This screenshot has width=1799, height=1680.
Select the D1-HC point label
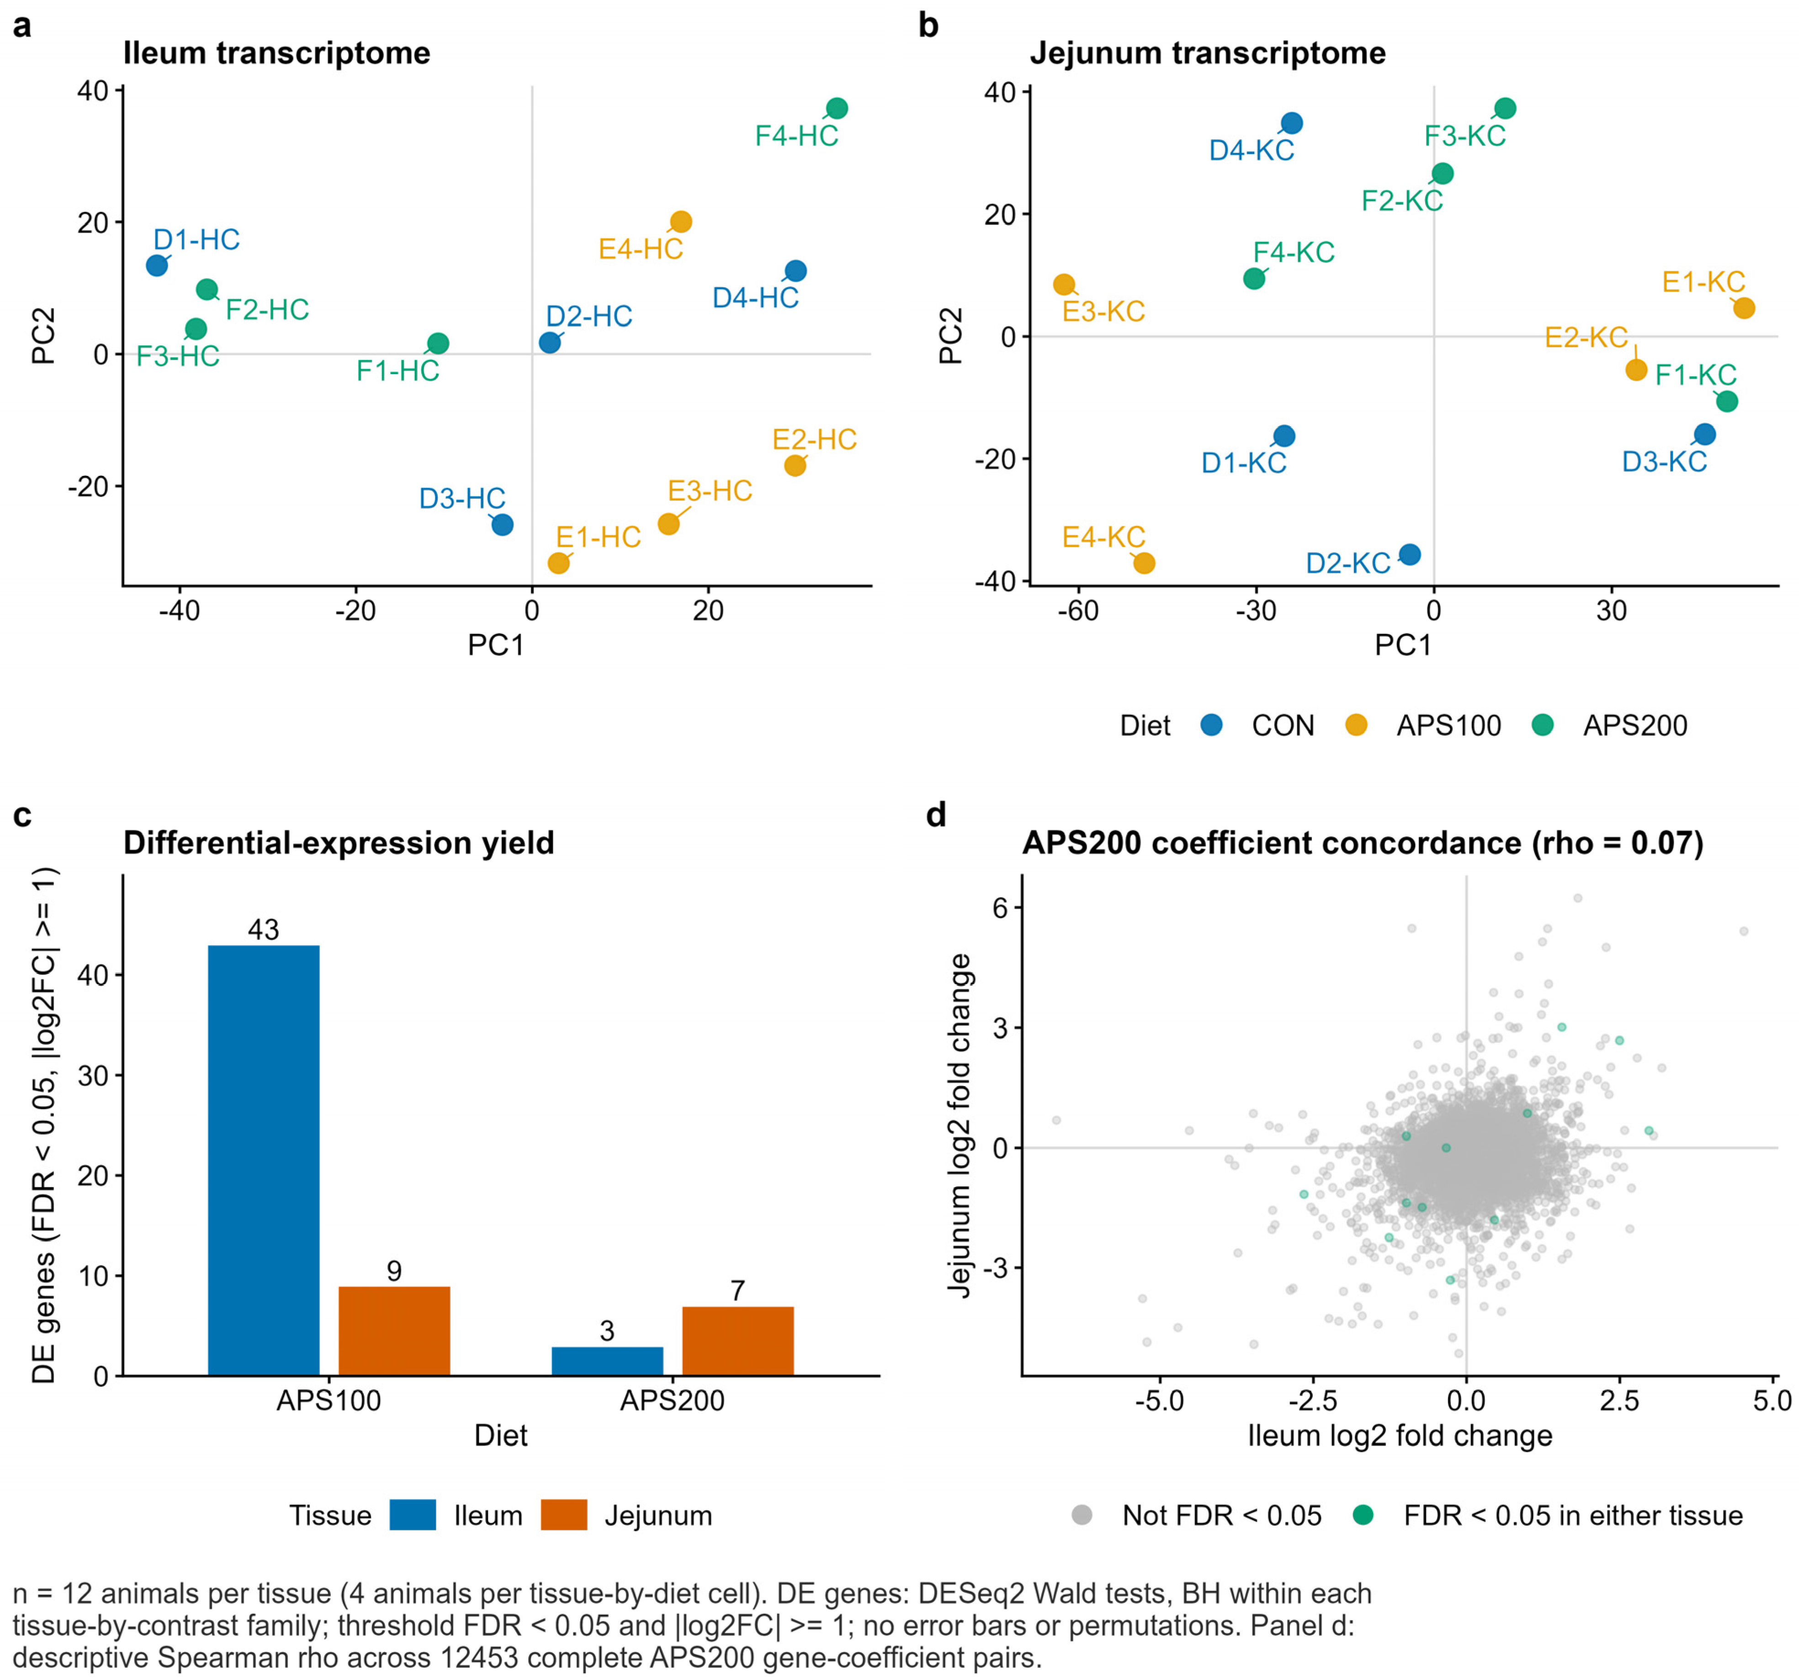click(x=196, y=240)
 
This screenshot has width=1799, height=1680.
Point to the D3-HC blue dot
click(x=502, y=525)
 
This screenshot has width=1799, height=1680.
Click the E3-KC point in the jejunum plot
click(x=1064, y=284)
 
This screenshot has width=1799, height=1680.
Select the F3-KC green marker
click(x=1505, y=109)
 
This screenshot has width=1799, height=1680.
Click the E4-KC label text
click(x=1104, y=537)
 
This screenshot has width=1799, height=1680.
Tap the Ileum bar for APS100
click(x=263, y=1161)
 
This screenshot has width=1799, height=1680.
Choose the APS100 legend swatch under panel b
click(x=1356, y=724)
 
